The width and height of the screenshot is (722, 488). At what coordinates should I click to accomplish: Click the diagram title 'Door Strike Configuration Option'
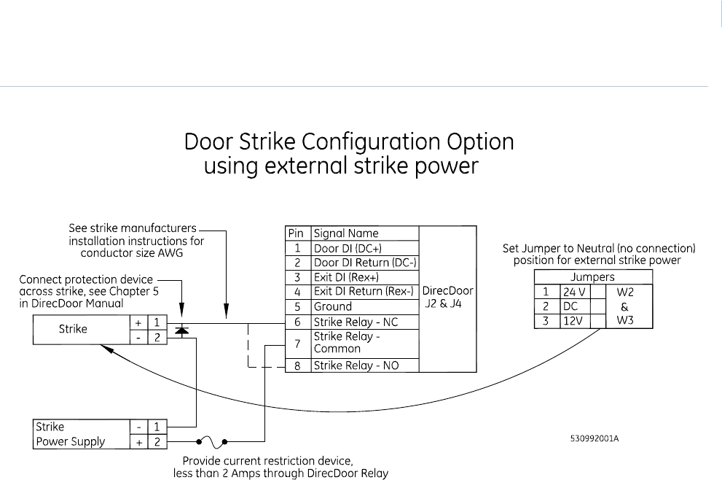[x=349, y=142]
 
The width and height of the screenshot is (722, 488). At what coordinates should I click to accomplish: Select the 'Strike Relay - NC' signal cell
[x=356, y=322]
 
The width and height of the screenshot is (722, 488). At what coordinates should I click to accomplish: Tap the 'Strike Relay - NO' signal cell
[x=356, y=365]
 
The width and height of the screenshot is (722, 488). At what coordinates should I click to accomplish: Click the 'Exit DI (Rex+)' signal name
[x=346, y=277]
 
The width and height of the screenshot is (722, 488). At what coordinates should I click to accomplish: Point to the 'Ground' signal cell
[x=333, y=306]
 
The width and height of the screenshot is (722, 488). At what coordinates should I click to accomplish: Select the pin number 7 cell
[x=297, y=343]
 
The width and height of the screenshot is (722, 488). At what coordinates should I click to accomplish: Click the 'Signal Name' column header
[x=346, y=233]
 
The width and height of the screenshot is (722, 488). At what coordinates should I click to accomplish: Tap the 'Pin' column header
[x=296, y=233]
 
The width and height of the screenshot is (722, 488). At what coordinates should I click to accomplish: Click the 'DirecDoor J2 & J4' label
[x=448, y=298]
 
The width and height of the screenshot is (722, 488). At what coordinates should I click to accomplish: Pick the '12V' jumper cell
[x=573, y=321]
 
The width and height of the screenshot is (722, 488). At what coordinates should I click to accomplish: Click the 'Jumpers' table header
[x=593, y=277]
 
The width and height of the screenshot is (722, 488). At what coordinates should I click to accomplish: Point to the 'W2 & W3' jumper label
[x=624, y=306]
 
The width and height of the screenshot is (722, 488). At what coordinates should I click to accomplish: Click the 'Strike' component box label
[x=73, y=329]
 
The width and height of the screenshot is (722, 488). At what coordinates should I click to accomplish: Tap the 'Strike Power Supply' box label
[x=70, y=434]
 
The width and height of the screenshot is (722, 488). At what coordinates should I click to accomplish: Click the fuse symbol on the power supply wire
[x=213, y=441]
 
